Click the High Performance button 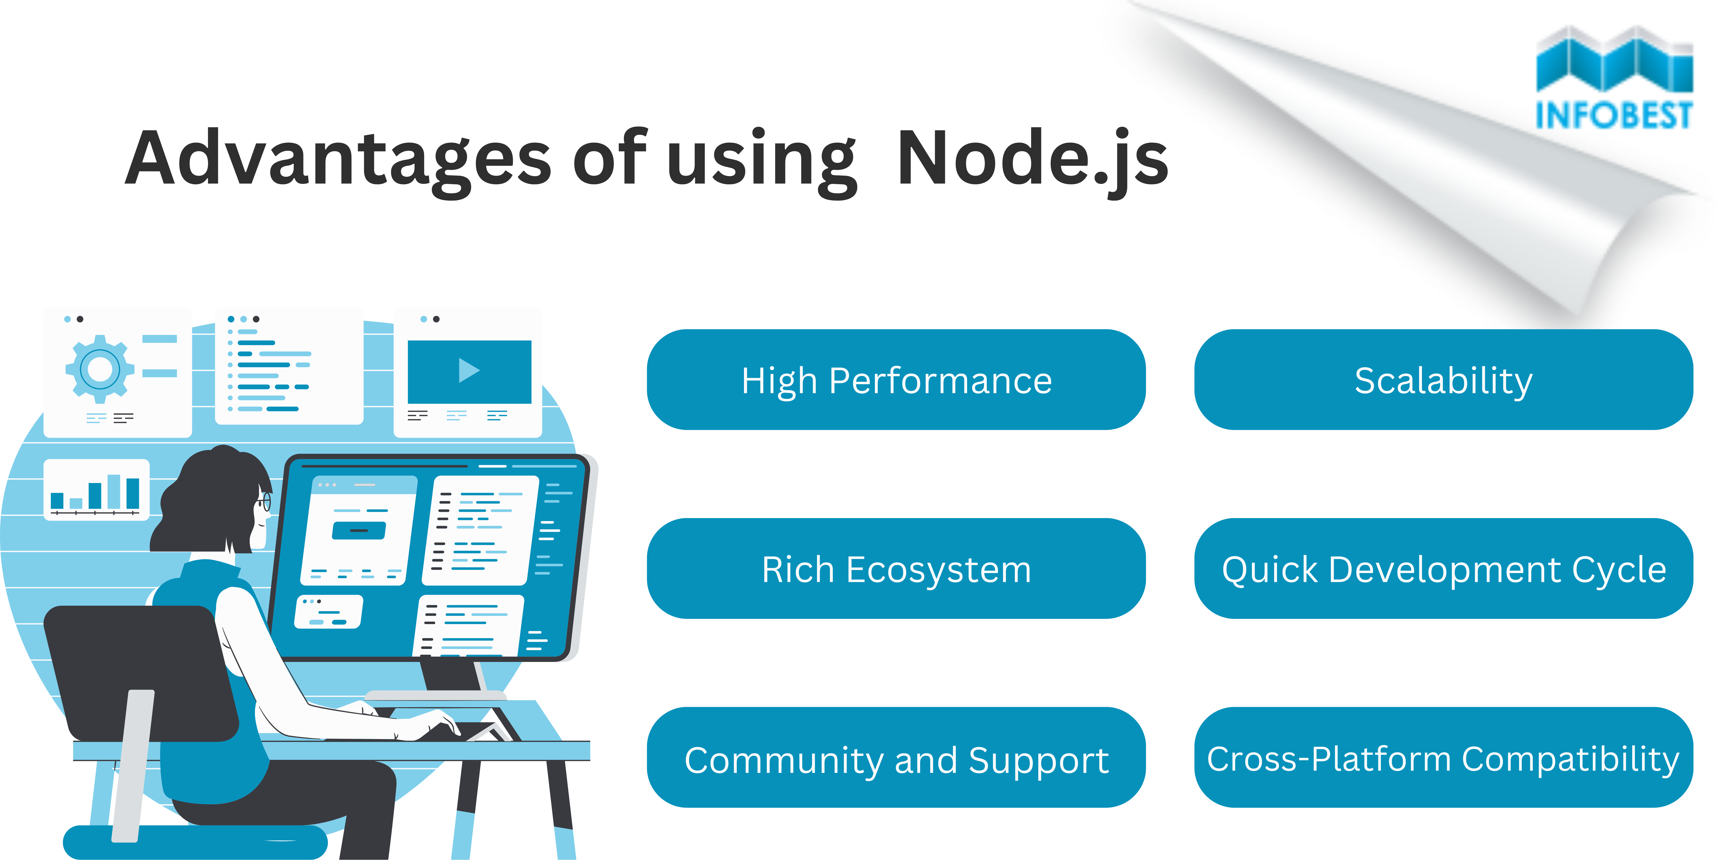coord(896,380)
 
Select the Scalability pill coord(1443,380)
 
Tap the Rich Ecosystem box coord(896,569)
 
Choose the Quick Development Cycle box coord(1443,569)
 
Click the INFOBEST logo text coord(1613,115)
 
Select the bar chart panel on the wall coord(96,489)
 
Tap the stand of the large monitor coord(451,676)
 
